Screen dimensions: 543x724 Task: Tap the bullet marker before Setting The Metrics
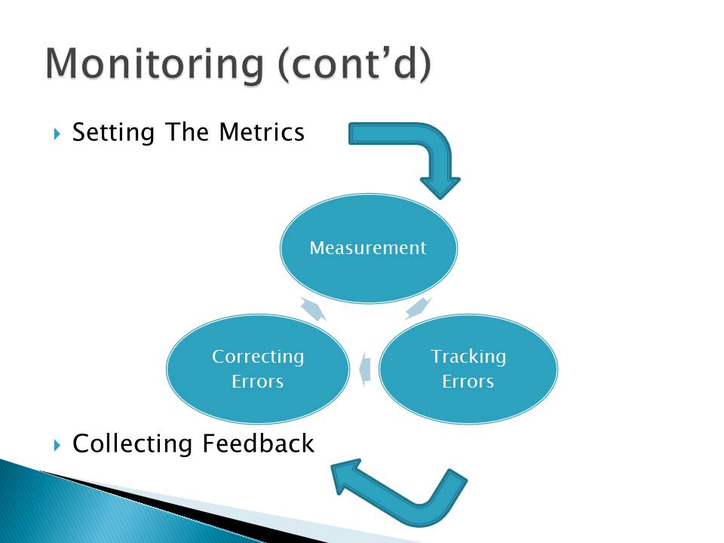pos(57,134)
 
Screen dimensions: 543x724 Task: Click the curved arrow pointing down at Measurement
pos(422,151)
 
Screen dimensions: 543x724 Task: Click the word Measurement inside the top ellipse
pos(368,247)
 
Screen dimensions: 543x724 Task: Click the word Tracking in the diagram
pos(468,356)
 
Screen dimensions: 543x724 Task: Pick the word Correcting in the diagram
pos(258,356)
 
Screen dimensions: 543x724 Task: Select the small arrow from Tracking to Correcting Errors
pos(364,369)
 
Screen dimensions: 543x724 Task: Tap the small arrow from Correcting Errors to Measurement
pos(312,308)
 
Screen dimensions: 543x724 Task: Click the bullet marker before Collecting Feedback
pos(57,445)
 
